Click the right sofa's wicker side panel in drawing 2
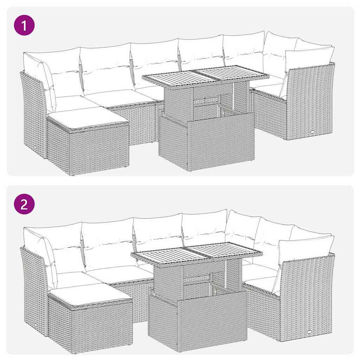pyautogui.click(x=306, y=299)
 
